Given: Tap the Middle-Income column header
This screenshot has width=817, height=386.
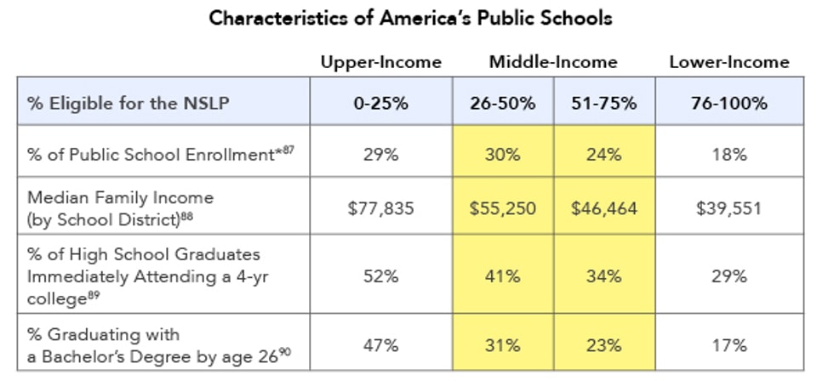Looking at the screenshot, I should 553,62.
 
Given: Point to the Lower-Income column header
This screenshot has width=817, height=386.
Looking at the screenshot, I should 729,62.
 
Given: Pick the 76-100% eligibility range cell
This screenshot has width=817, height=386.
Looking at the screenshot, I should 729,103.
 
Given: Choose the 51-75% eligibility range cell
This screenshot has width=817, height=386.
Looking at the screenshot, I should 605,103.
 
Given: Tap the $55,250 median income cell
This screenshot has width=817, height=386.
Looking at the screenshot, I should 503,208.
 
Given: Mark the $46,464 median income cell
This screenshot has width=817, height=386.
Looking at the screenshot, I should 605,208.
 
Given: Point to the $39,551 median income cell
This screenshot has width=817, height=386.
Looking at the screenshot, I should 729,208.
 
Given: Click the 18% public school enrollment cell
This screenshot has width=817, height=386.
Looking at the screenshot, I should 729,155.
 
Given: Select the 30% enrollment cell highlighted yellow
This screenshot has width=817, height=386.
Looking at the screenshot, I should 503,155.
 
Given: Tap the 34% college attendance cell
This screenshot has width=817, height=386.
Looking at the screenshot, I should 605,276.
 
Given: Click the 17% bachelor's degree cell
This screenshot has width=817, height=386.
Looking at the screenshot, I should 729,344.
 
